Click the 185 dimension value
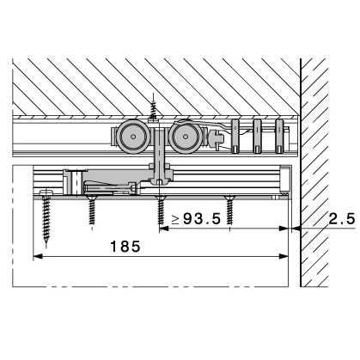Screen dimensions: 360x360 point(125,247)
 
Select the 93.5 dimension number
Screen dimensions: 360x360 point(202,219)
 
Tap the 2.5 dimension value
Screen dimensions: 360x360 point(342,219)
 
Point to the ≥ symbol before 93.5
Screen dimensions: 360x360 point(175,220)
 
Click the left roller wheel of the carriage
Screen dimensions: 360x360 point(133,137)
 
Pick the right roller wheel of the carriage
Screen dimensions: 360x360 point(185,137)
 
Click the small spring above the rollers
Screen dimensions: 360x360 point(154,107)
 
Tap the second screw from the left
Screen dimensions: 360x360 point(92,210)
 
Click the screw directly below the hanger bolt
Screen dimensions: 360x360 point(161,210)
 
